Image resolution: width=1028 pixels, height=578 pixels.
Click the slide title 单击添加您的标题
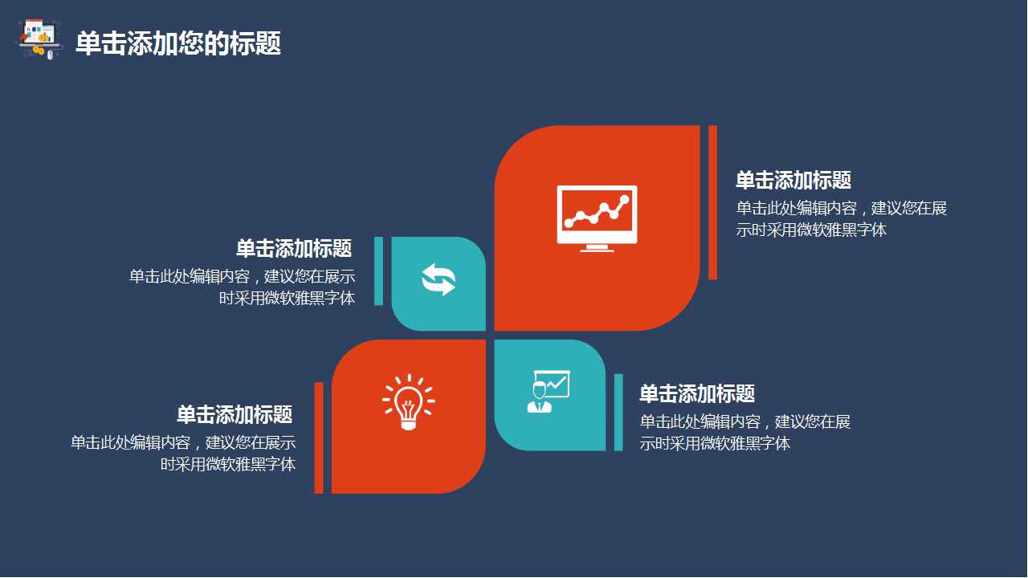click(178, 43)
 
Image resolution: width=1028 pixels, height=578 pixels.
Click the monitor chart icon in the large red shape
click(597, 214)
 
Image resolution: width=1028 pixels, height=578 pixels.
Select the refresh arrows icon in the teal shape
click(439, 279)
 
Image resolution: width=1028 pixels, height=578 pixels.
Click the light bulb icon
click(408, 400)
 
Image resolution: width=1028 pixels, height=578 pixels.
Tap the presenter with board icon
click(548, 391)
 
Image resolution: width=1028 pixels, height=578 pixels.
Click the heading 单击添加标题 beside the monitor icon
click(793, 180)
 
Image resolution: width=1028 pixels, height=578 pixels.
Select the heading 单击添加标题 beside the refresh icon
click(294, 248)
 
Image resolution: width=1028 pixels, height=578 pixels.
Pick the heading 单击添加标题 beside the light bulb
click(235, 414)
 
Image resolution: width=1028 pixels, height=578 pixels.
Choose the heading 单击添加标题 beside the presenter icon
click(697, 393)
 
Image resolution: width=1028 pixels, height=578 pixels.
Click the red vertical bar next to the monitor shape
click(712, 202)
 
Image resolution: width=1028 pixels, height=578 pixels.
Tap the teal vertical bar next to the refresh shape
click(379, 271)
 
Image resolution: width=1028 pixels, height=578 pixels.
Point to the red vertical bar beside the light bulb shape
click(319, 438)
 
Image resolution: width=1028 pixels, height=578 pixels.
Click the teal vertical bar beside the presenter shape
click(618, 412)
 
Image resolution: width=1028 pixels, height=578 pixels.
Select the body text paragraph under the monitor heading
click(841, 218)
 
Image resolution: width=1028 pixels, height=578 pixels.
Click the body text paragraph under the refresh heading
click(243, 287)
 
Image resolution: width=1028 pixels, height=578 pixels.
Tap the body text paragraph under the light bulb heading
click(183, 453)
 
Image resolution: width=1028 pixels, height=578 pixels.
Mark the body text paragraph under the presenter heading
click(744, 432)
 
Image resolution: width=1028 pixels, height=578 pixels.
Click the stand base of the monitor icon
click(597, 248)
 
